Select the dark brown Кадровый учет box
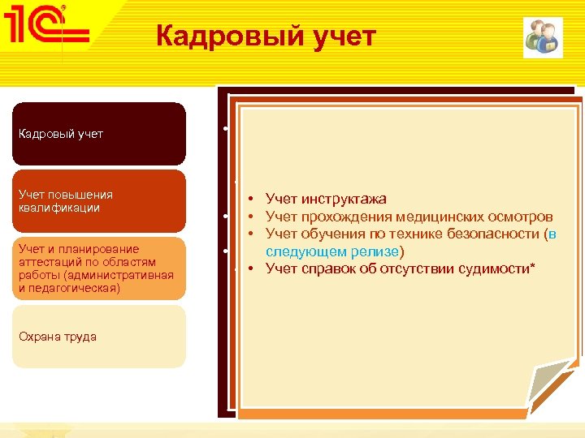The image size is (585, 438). tap(98, 134)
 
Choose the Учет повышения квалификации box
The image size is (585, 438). tap(98, 201)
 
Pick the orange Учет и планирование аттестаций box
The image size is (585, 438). tap(98, 268)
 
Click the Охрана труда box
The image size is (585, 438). tap(98, 337)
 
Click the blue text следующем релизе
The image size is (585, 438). tap(332, 252)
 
